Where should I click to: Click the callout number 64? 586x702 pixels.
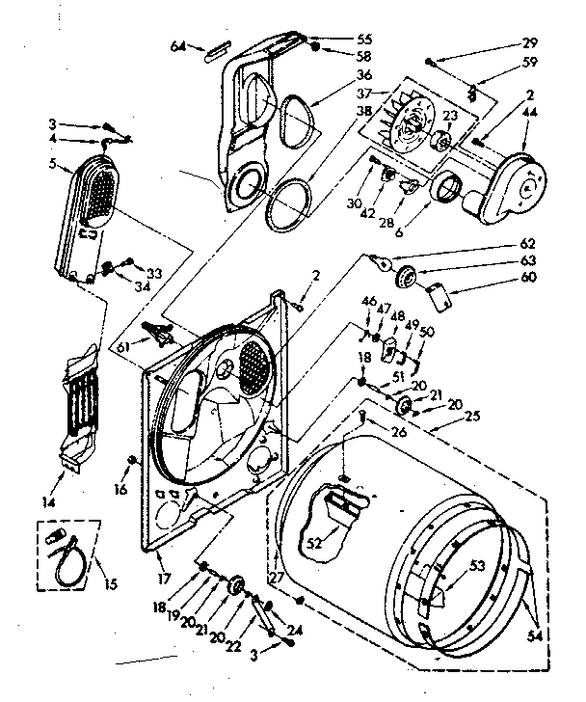tap(178, 45)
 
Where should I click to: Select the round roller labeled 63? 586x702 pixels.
tap(408, 278)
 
